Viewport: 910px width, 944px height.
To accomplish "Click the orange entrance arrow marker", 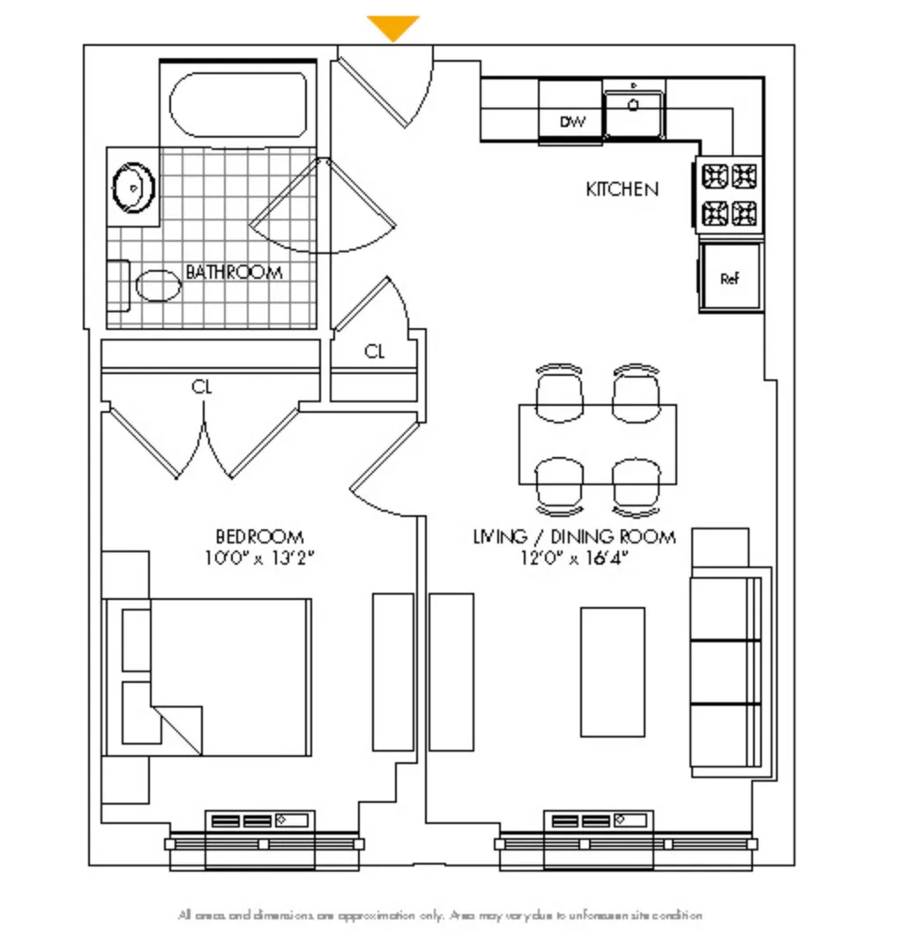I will pos(392,27).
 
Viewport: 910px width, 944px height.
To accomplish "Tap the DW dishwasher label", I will pos(572,123).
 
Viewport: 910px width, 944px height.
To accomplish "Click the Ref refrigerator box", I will pos(730,279).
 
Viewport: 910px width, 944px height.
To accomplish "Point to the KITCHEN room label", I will pos(622,189).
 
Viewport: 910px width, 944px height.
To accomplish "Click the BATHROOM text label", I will pos(234,273).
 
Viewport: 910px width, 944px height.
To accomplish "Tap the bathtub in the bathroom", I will pos(238,104).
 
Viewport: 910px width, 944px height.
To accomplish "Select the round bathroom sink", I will pos(133,187).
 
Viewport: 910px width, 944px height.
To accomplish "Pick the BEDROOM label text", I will pos(259,536).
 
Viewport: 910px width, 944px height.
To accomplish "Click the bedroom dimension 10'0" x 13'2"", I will pos(259,558).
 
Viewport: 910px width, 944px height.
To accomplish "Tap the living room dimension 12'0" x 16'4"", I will pos(575,558).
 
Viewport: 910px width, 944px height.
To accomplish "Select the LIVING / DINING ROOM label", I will pos(575,536).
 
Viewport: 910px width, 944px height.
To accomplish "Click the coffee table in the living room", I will pos(612,671).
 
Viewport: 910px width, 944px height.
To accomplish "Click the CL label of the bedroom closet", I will pos(202,387).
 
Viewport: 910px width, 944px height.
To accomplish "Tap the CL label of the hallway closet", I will pos(375,352).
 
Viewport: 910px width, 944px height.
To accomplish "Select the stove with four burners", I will pos(729,195).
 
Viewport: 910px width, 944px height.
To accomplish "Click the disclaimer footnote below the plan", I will pos(440,916).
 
